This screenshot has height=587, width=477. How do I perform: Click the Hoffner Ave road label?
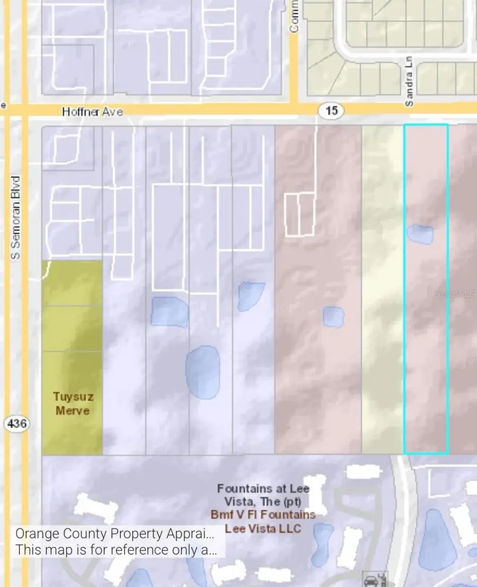(92, 112)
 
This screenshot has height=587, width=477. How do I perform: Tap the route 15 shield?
(332, 111)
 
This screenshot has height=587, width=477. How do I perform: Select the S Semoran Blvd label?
(16, 218)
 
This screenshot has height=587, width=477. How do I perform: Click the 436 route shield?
(16, 423)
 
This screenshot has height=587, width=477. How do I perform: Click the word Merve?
(73, 411)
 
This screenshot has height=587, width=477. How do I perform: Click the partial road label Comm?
(295, 16)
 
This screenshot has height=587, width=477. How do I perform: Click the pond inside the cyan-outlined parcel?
(420, 233)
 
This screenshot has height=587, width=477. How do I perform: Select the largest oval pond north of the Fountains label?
(202, 372)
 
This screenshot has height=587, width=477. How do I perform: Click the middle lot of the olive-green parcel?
(72, 329)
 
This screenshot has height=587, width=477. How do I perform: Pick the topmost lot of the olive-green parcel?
(72, 283)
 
